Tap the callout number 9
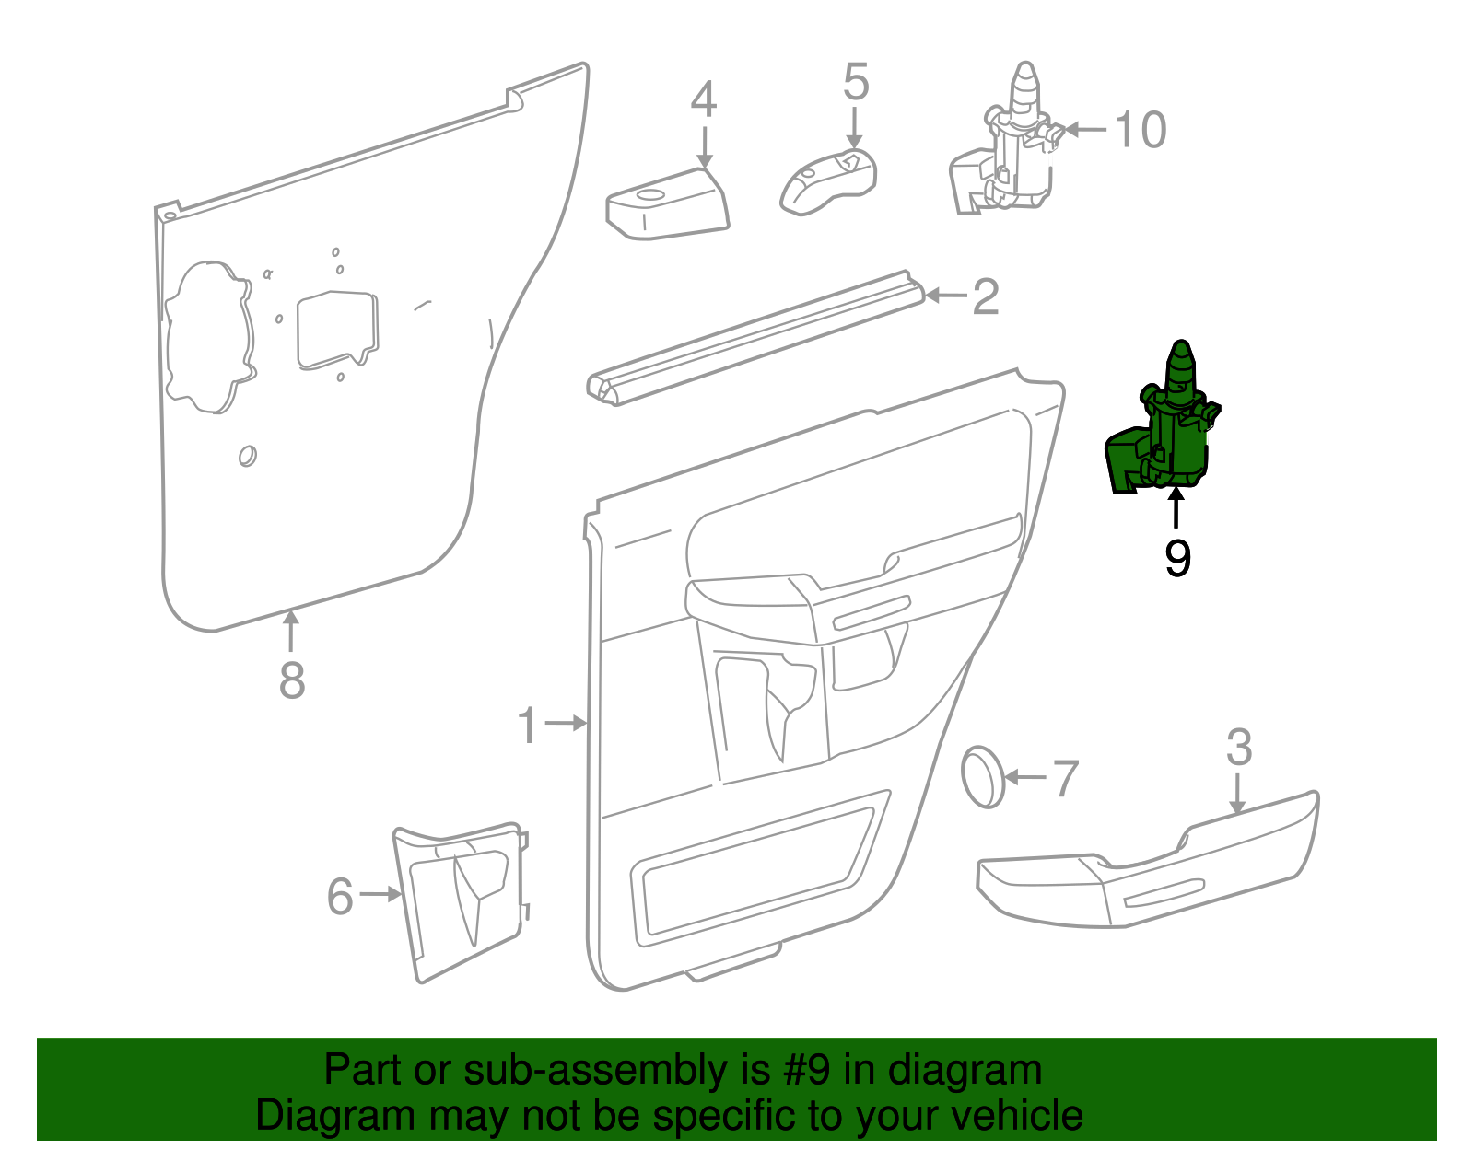coord(1177,559)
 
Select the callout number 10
coord(1141,130)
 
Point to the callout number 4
coord(703,100)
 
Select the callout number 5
coord(856,82)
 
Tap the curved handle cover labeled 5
coord(828,183)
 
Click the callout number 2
coord(986,296)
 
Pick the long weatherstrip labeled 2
coord(755,338)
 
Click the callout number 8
coord(291,681)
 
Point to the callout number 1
coord(527,725)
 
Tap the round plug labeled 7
coord(983,778)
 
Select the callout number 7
coord(1065,779)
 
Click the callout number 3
coord(1239,748)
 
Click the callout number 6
coord(340,896)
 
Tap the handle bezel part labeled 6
coord(461,898)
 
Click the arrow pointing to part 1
coord(567,724)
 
